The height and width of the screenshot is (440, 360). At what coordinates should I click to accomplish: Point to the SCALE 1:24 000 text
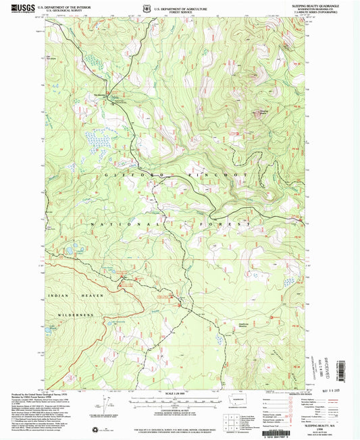coord(180,395)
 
